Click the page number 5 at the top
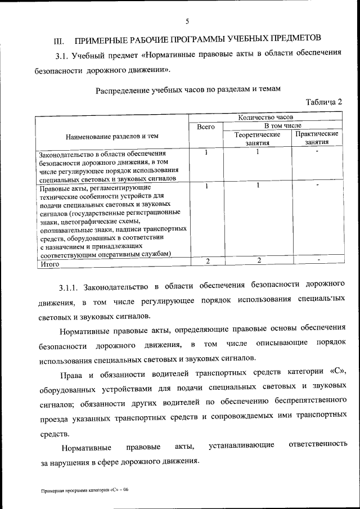(187, 22)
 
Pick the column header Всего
(206, 127)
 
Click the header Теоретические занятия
(257, 138)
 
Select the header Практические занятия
(316, 138)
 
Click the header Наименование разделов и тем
(112, 136)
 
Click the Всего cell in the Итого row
(208, 260)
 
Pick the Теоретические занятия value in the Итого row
(259, 260)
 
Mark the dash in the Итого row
(318, 259)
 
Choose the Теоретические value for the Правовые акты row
(257, 186)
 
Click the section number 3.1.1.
(71, 288)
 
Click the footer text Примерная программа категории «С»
(84, 490)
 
